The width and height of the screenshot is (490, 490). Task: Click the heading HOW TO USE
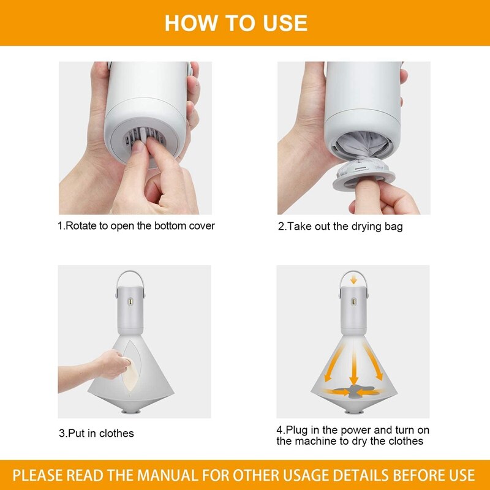tap(236, 23)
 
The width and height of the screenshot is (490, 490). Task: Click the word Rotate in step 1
tap(82, 226)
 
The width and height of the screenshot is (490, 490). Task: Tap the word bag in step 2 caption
tap(393, 227)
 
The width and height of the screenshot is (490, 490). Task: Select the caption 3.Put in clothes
tap(96, 433)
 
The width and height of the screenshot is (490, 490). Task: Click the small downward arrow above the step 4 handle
tap(353, 279)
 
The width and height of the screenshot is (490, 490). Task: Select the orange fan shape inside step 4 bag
tap(353, 390)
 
